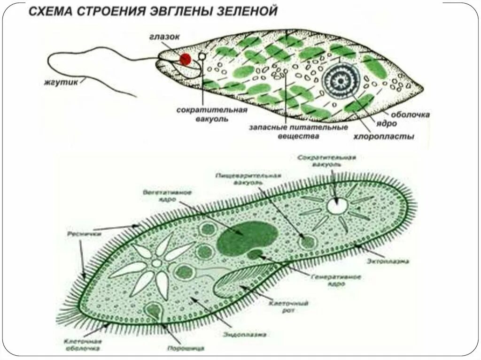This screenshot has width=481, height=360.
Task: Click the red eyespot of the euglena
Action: coord(186,59)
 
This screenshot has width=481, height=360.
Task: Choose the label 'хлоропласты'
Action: coord(384,137)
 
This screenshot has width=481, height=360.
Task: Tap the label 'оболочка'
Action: coord(410,114)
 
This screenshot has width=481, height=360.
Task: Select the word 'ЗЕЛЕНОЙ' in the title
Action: coord(244,11)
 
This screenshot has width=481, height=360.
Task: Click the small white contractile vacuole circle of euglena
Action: coord(202,56)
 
